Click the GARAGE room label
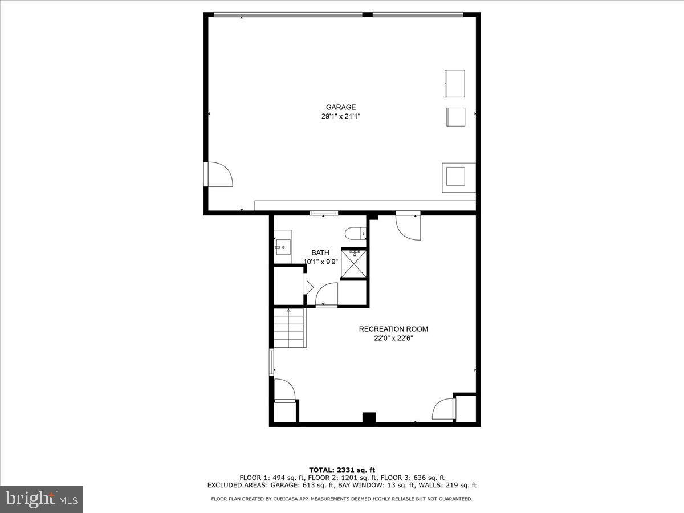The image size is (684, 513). [341, 107]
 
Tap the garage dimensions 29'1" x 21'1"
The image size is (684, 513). [341, 116]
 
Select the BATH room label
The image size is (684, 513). [320, 253]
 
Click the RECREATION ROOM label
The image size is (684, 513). [393, 329]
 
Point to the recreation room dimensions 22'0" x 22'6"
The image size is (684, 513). [393, 338]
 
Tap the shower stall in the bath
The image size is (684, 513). [353, 263]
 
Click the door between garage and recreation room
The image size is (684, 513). [409, 226]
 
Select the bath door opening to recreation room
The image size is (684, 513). [326, 295]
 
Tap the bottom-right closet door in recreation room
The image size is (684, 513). [444, 409]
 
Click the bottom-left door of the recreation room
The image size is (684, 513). [284, 391]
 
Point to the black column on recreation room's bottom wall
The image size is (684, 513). [369, 418]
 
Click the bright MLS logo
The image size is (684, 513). [42, 499]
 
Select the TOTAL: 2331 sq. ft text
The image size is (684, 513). [341, 470]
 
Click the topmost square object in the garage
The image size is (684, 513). [454, 83]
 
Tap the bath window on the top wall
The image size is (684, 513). [324, 213]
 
